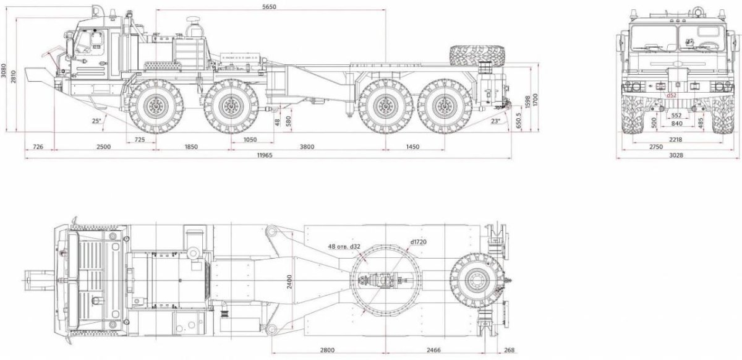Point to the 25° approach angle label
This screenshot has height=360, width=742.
96,120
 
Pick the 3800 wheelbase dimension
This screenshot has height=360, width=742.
307,147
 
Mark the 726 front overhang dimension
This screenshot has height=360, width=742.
38,147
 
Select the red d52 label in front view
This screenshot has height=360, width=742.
672,96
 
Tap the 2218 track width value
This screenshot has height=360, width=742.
675,139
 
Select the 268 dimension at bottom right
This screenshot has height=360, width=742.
508,350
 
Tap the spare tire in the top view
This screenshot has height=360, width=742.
475,282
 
